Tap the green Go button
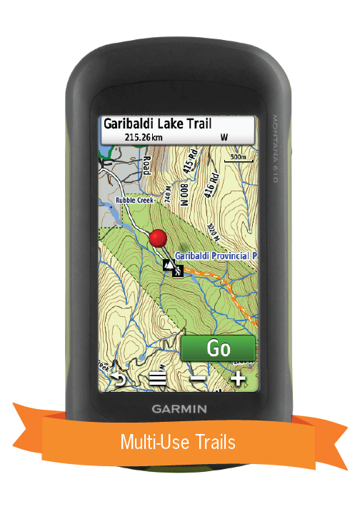pos(218,348)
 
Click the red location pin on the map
pos(159,238)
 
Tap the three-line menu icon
pos(157,379)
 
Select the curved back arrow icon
pos(118,379)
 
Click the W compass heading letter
pos(224,136)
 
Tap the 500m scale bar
pos(238,158)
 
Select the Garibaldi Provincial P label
pos(214,255)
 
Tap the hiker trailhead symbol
pos(174,268)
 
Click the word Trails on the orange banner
pos(211,442)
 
